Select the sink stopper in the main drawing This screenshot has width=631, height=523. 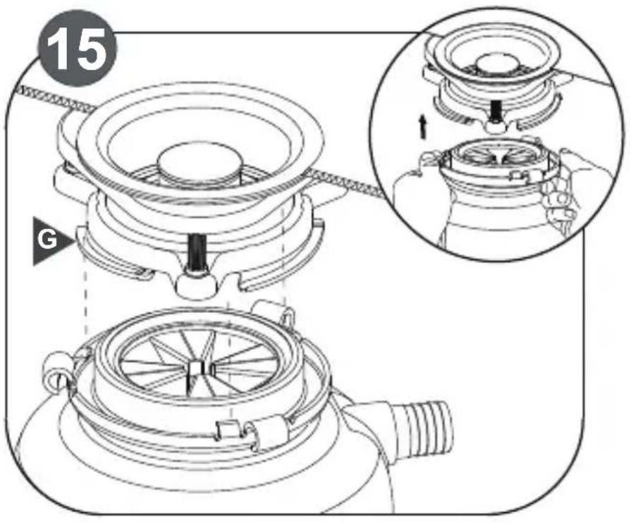[200, 163]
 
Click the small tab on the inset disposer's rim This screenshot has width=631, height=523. [519, 176]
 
